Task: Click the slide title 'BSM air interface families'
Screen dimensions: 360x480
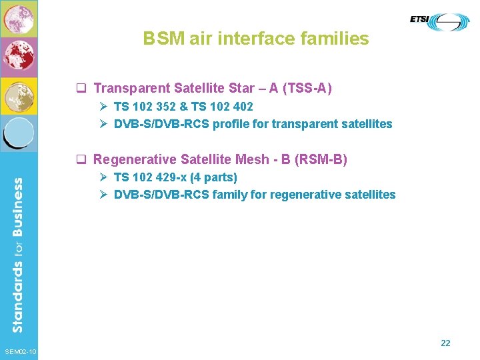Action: click(255, 39)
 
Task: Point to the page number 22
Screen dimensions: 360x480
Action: click(445, 343)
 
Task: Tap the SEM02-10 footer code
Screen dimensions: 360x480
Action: click(20, 352)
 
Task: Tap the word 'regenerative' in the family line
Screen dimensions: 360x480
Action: click(307, 195)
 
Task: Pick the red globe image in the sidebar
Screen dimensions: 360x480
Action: click(19, 57)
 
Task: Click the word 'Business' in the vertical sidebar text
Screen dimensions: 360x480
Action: click(18, 208)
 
